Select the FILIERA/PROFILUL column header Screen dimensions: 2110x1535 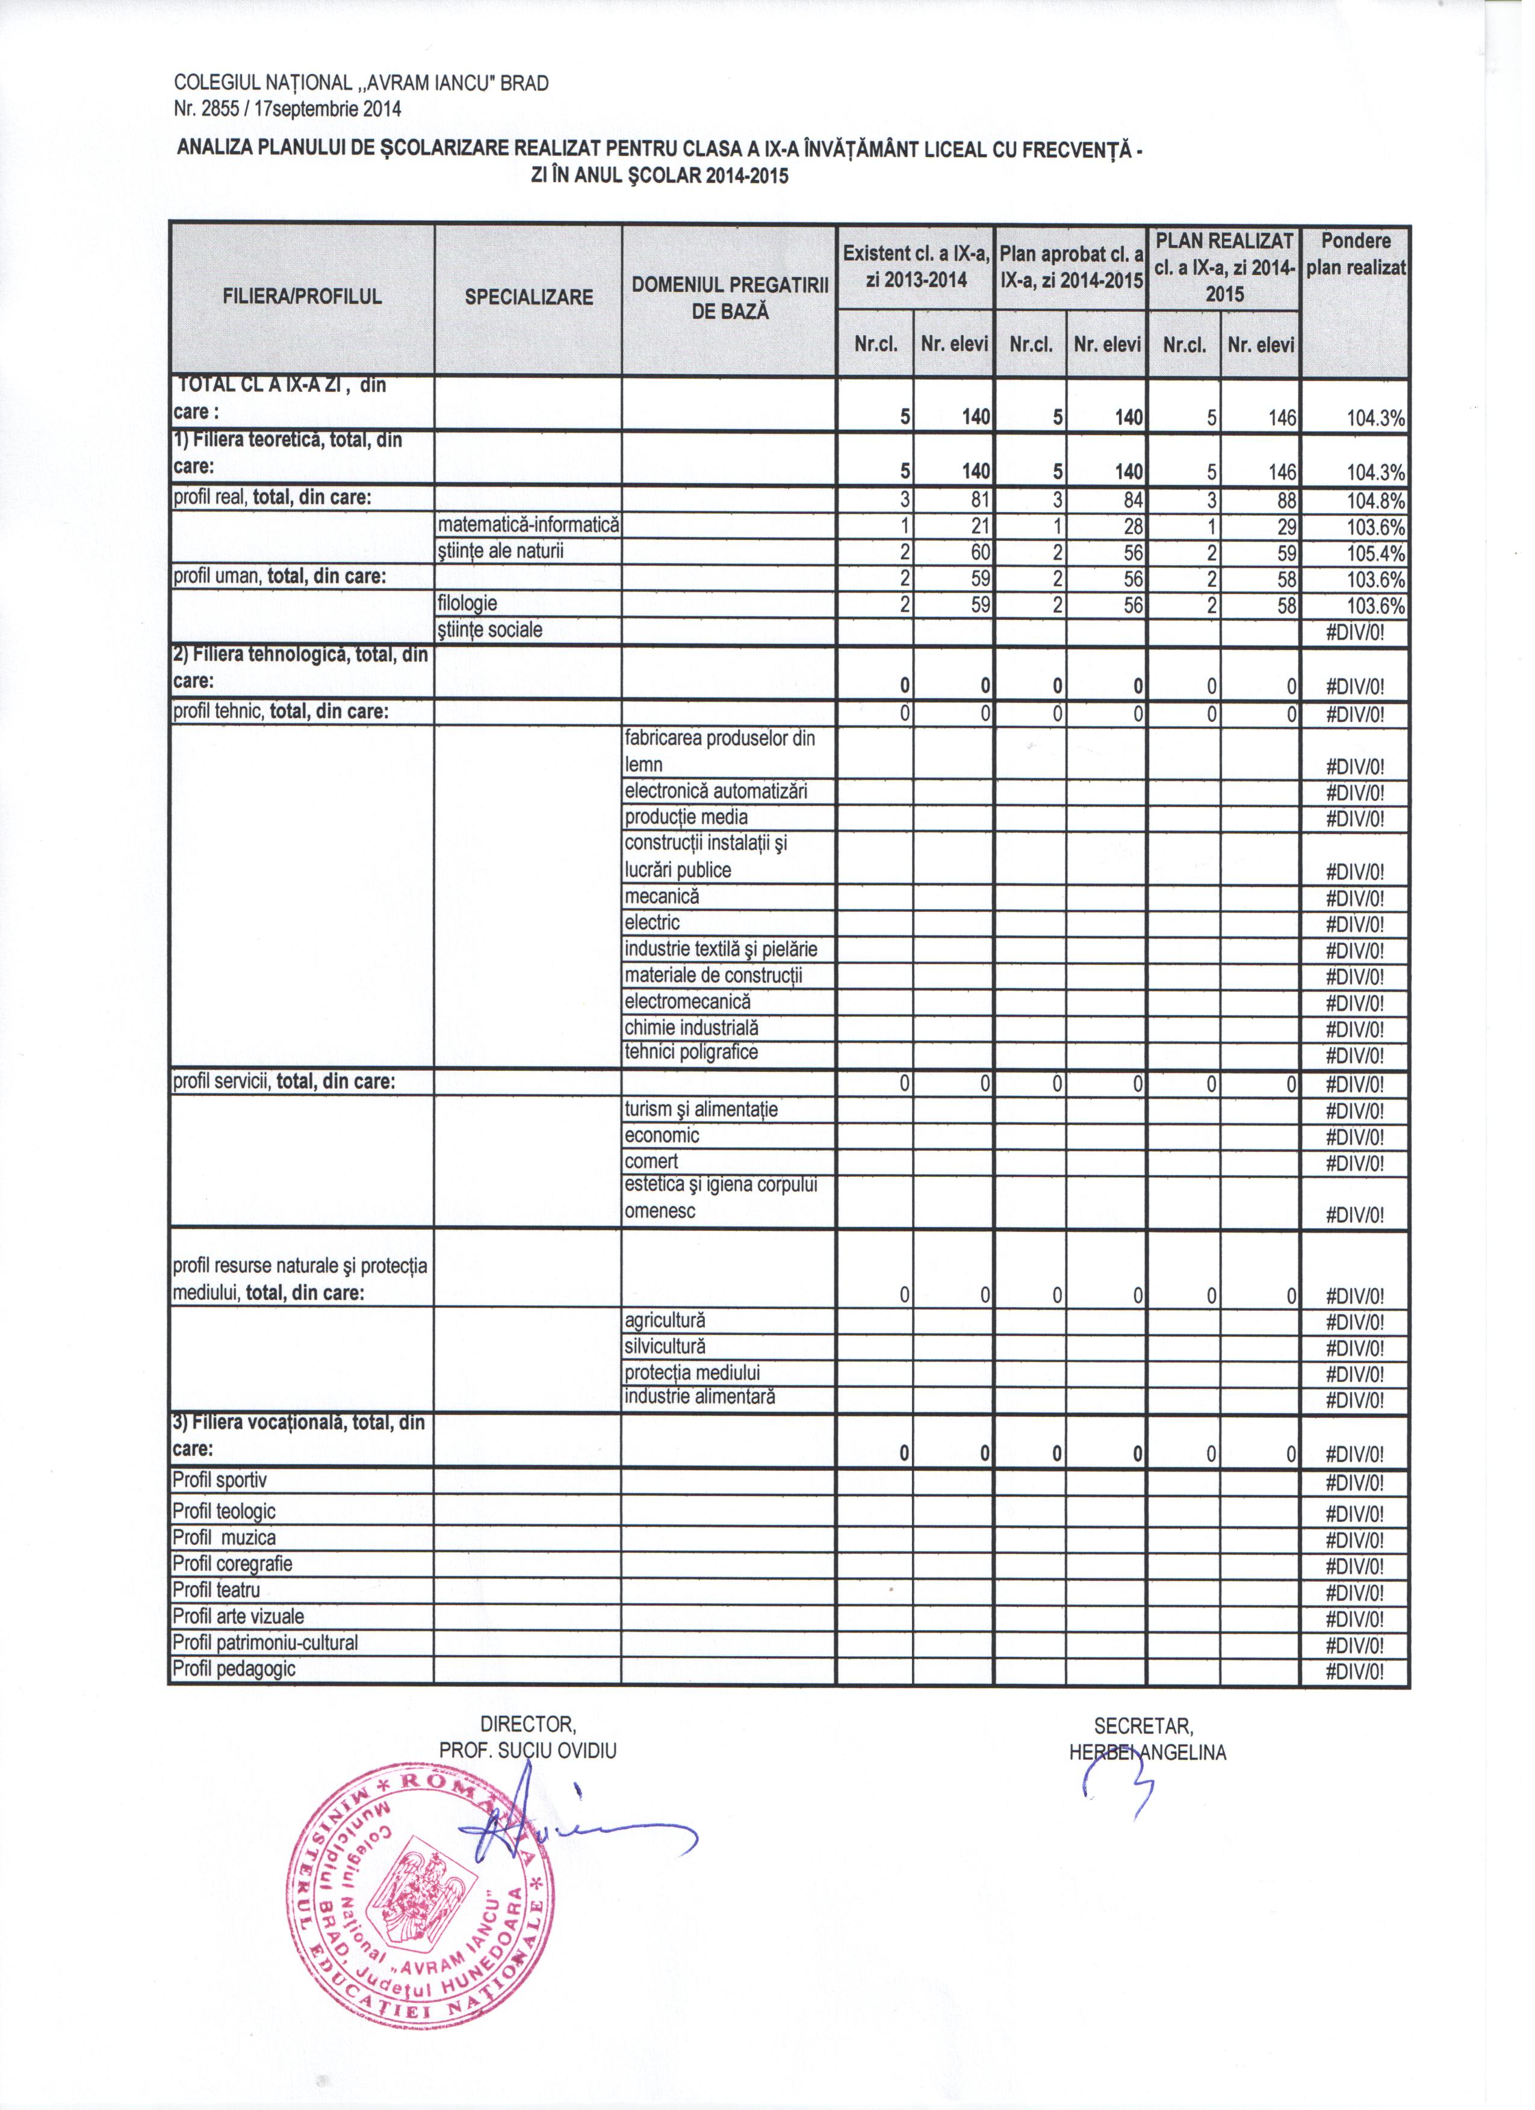click(x=302, y=298)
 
